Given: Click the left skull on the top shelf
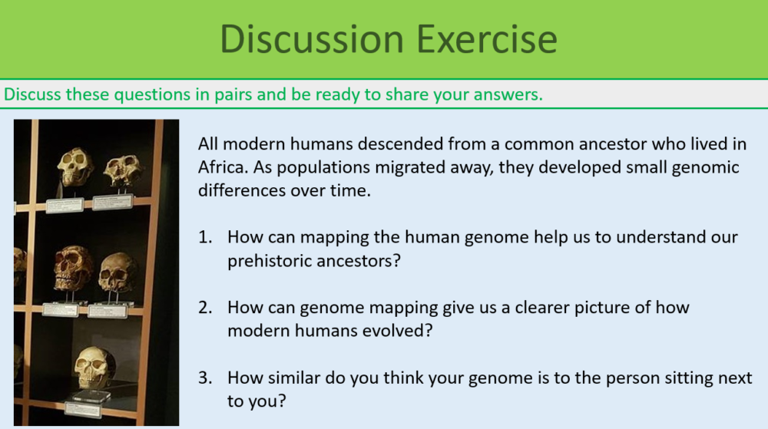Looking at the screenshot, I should [76, 166].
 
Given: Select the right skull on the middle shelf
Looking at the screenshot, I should [118, 272].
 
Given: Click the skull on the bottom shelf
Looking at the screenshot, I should [96, 368].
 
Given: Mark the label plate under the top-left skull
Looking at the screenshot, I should [65, 205].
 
